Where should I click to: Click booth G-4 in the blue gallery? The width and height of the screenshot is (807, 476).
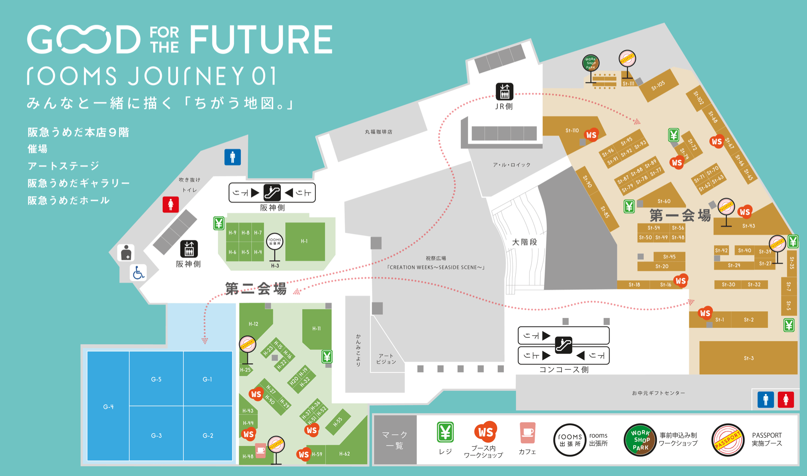(x=108, y=406)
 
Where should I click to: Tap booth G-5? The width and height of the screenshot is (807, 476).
(x=156, y=379)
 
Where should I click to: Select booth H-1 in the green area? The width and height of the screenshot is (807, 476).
(x=305, y=241)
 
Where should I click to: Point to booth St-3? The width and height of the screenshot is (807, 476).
(x=748, y=358)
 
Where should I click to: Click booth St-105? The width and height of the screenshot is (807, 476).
(x=658, y=85)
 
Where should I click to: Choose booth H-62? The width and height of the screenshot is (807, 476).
(x=344, y=454)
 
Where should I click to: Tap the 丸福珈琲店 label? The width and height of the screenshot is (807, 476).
(x=379, y=132)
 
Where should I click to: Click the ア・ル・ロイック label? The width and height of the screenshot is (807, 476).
(x=511, y=165)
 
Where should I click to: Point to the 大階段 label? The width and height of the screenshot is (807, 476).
(x=524, y=242)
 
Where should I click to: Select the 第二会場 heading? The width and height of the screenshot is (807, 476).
(x=256, y=289)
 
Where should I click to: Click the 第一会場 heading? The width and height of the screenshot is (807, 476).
(x=680, y=215)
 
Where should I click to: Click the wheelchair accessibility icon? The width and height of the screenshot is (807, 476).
(x=138, y=273)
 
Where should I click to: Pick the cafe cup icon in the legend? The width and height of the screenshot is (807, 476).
(x=527, y=433)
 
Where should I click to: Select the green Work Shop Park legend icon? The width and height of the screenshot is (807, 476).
(x=640, y=439)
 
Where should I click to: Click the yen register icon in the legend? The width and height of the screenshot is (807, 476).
(x=445, y=432)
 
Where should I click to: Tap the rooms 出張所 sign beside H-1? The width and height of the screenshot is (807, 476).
(x=274, y=242)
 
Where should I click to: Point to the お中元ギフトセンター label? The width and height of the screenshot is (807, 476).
(x=658, y=393)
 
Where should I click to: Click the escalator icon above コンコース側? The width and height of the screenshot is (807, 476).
(x=563, y=345)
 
